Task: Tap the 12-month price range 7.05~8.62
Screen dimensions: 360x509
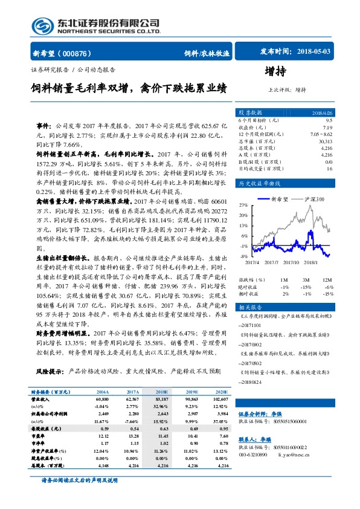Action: click(x=320, y=134)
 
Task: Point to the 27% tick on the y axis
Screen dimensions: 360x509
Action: click(x=243, y=206)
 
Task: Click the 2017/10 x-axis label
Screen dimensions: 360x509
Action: click(x=291, y=262)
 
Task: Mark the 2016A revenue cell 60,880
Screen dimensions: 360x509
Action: click(x=102, y=400)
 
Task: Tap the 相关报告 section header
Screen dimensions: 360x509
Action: click(x=248, y=307)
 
